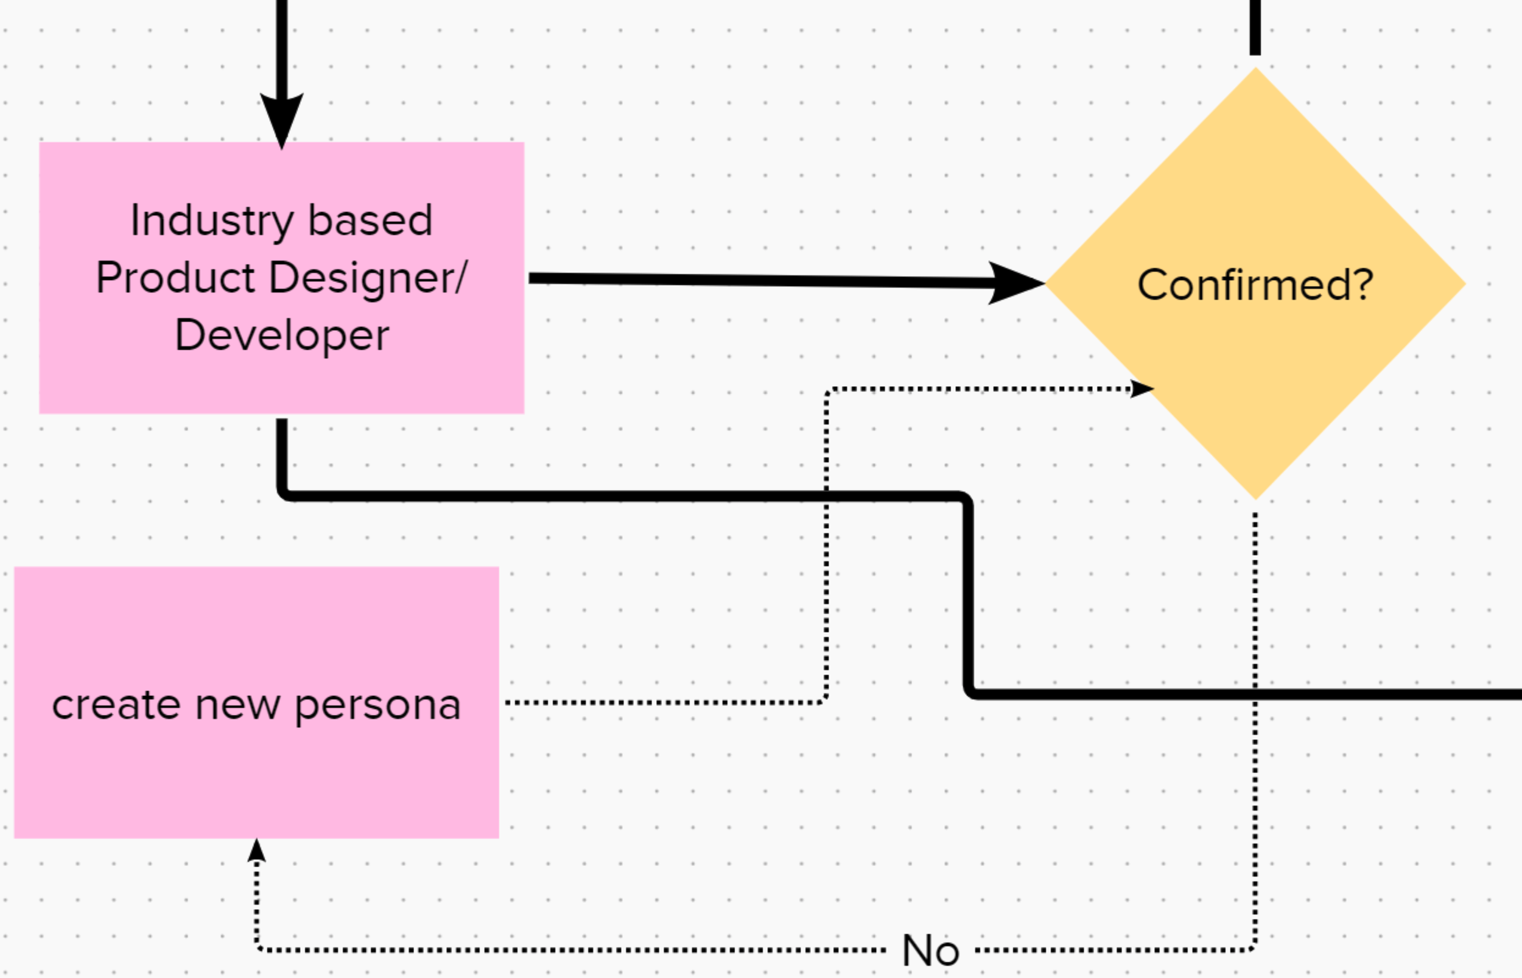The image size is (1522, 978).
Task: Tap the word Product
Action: pyautogui.click(x=176, y=278)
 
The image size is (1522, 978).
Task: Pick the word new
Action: pyautogui.click(x=237, y=706)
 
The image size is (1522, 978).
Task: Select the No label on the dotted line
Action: pyautogui.click(x=930, y=951)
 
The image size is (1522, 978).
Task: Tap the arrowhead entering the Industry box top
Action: pyautogui.click(x=282, y=121)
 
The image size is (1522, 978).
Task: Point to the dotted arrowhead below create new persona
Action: pyautogui.click(x=256, y=850)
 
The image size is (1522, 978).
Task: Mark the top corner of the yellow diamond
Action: pyautogui.click(x=1255, y=67)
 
